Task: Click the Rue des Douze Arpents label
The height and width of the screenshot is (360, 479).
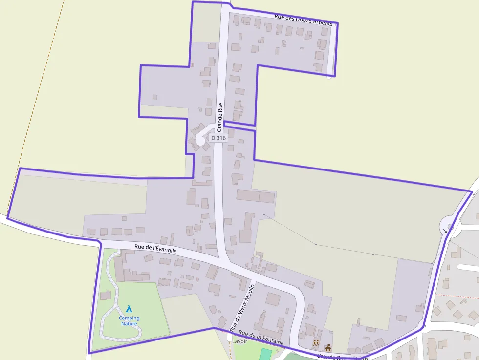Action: (303, 20)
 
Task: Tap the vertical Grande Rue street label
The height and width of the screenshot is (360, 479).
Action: (220, 117)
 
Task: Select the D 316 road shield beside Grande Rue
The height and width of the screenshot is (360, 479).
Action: (218, 138)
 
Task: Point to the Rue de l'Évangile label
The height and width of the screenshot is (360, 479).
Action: (155, 248)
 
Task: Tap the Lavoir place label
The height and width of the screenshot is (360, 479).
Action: (239, 341)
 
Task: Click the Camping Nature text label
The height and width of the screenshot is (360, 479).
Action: (129, 321)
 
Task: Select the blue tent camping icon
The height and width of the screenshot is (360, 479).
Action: (129, 309)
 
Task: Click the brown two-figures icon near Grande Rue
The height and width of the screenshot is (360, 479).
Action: (316, 342)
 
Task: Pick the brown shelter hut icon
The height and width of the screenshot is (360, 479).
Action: (328, 348)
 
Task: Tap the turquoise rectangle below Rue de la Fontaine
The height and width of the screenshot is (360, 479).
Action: (265, 354)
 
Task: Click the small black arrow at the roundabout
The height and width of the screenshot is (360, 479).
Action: (445, 231)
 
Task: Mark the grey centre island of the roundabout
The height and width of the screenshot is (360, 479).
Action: (450, 227)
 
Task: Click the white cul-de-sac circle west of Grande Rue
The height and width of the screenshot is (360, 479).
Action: (200, 141)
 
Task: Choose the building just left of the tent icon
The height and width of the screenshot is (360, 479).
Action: (106, 295)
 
